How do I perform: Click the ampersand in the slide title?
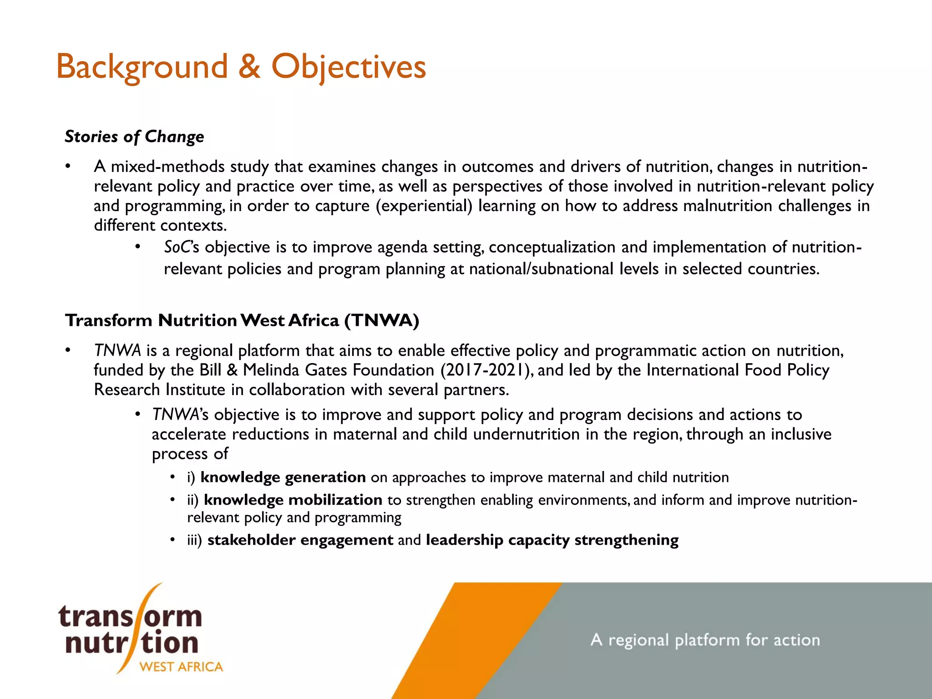249,67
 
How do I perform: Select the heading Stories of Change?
134,137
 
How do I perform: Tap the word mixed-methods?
167,167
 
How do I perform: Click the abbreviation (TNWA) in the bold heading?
381,321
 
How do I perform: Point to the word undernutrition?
526,435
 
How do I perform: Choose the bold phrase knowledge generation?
283,477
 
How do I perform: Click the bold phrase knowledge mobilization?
293,500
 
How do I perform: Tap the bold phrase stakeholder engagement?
300,540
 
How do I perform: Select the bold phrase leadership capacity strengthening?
552,540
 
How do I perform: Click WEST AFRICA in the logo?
181,667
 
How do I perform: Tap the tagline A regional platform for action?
705,640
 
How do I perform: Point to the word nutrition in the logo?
132,643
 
